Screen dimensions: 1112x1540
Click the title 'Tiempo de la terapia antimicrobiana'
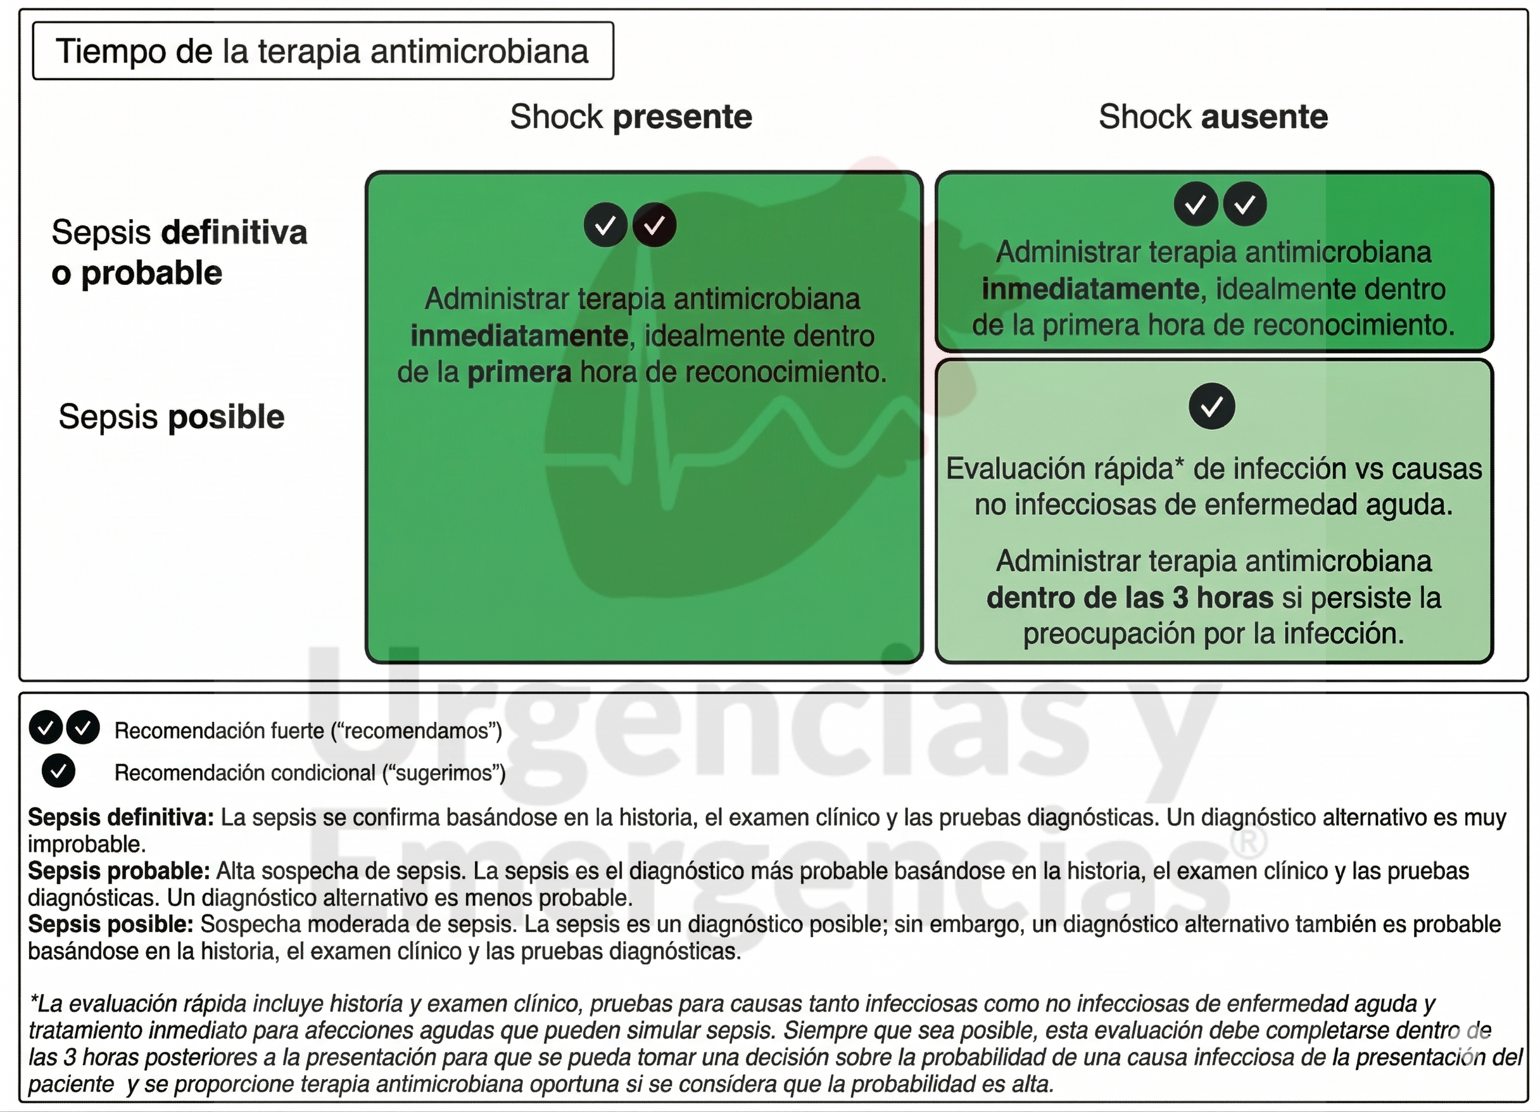point(322,51)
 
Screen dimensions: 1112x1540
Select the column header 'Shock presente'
point(631,117)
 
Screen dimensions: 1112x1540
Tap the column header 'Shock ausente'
point(1213,117)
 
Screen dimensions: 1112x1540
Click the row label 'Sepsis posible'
point(171,417)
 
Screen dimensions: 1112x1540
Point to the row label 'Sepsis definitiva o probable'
point(179,253)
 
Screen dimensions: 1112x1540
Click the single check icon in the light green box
point(1212,407)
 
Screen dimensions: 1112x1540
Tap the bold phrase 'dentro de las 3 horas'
point(1129,598)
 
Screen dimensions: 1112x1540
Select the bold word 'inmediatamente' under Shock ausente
point(1090,289)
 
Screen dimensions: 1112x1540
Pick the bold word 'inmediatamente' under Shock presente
point(519,336)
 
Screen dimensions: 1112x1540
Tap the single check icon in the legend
point(58,771)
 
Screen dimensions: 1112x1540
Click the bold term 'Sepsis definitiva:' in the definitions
point(121,818)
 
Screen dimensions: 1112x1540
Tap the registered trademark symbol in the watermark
point(1248,842)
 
